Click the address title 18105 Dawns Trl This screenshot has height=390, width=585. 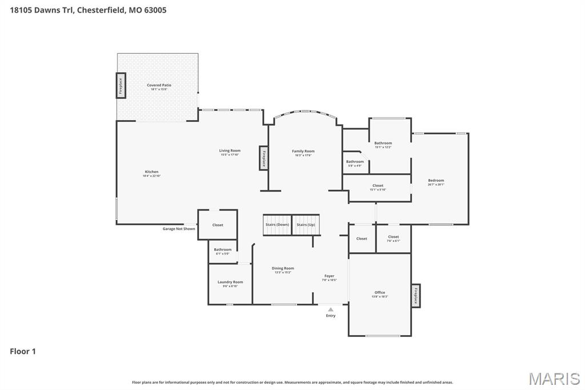(x=88, y=10)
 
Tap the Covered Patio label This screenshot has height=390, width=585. (x=159, y=85)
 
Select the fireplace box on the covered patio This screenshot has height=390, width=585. (x=121, y=86)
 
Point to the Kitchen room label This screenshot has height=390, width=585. (x=151, y=172)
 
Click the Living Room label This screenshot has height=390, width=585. (x=230, y=151)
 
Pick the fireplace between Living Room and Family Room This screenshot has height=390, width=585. (x=264, y=158)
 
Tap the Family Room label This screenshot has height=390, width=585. (x=303, y=152)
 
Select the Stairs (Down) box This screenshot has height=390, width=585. (x=277, y=225)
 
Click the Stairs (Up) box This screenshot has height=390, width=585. (x=306, y=225)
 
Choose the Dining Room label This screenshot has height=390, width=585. (x=283, y=269)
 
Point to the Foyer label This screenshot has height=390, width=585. (x=329, y=276)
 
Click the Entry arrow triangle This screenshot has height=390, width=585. (x=331, y=309)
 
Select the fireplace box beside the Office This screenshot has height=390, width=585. (x=416, y=296)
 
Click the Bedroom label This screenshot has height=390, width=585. (x=436, y=181)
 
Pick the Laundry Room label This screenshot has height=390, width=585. (x=230, y=282)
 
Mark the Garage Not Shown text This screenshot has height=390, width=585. (x=179, y=229)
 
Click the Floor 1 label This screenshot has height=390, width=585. (x=23, y=352)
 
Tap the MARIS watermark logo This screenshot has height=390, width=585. (x=554, y=379)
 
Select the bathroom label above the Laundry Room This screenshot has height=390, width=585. (x=223, y=250)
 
